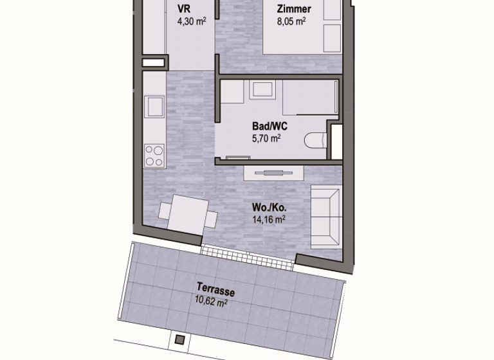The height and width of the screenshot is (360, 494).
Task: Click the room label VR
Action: (x=184, y=8)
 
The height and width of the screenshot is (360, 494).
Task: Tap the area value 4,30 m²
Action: (x=192, y=21)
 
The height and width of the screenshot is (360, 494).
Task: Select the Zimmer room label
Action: (x=294, y=9)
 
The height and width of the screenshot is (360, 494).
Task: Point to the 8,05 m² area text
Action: (x=291, y=21)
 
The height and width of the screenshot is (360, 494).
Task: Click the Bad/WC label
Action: (x=270, y=126)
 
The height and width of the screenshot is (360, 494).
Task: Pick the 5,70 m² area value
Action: (x=266, y=138)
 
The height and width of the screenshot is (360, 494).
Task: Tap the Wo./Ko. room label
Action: (x=269, y=208)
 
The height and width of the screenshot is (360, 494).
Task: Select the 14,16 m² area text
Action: (x=269, y=219)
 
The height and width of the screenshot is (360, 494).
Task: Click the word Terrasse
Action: (x=216, y=289)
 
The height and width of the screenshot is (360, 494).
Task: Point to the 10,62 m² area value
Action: (x=211, y=301)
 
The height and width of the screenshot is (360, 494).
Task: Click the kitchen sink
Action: (x=154, y=107)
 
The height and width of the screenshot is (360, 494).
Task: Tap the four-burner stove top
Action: (x=154, y=156)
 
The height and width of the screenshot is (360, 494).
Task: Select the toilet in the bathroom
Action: (x=315, y=141)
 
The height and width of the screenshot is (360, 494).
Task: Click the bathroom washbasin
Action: (x=262, y=90)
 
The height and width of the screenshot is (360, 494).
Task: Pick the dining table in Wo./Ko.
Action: (x=188, y=215)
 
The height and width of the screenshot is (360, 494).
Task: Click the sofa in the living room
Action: (x=326, y=217)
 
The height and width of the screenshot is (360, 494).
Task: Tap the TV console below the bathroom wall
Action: (x=274, y=173)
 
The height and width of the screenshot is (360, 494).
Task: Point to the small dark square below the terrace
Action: (x=180, y=339)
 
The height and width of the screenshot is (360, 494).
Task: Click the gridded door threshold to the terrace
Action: (x=248, y=256)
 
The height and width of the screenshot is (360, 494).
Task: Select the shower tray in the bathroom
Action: (x=310, y=97)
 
